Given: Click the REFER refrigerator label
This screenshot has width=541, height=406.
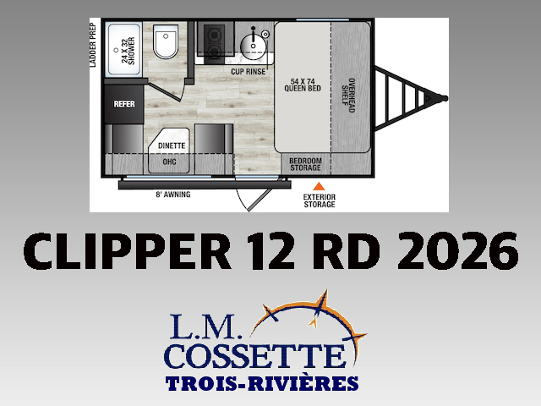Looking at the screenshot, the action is [124, 104].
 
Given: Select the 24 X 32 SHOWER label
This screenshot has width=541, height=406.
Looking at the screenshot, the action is [128, 51].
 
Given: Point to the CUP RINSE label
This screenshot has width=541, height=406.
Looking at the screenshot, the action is [248, 71].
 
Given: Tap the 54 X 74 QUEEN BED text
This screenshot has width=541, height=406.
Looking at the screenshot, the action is [303, 85].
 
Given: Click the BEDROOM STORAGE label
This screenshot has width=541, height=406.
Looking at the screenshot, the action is [305, 164].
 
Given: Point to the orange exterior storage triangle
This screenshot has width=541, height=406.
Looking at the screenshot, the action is [319, 187].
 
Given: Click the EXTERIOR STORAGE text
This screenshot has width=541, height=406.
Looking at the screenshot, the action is [320, 200].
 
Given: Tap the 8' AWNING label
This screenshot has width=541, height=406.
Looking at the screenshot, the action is [172, 195].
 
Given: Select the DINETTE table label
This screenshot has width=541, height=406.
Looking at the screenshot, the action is [172, 145].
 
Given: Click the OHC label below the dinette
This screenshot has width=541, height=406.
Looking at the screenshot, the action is [169, 162].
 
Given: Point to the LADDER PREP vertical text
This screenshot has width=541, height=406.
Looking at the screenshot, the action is [92, 45].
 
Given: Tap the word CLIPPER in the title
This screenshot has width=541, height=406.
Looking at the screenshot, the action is [128, 251].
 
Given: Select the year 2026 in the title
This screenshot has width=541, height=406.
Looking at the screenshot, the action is [457, 251].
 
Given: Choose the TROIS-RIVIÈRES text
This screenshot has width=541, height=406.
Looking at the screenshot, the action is [262, 383].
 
